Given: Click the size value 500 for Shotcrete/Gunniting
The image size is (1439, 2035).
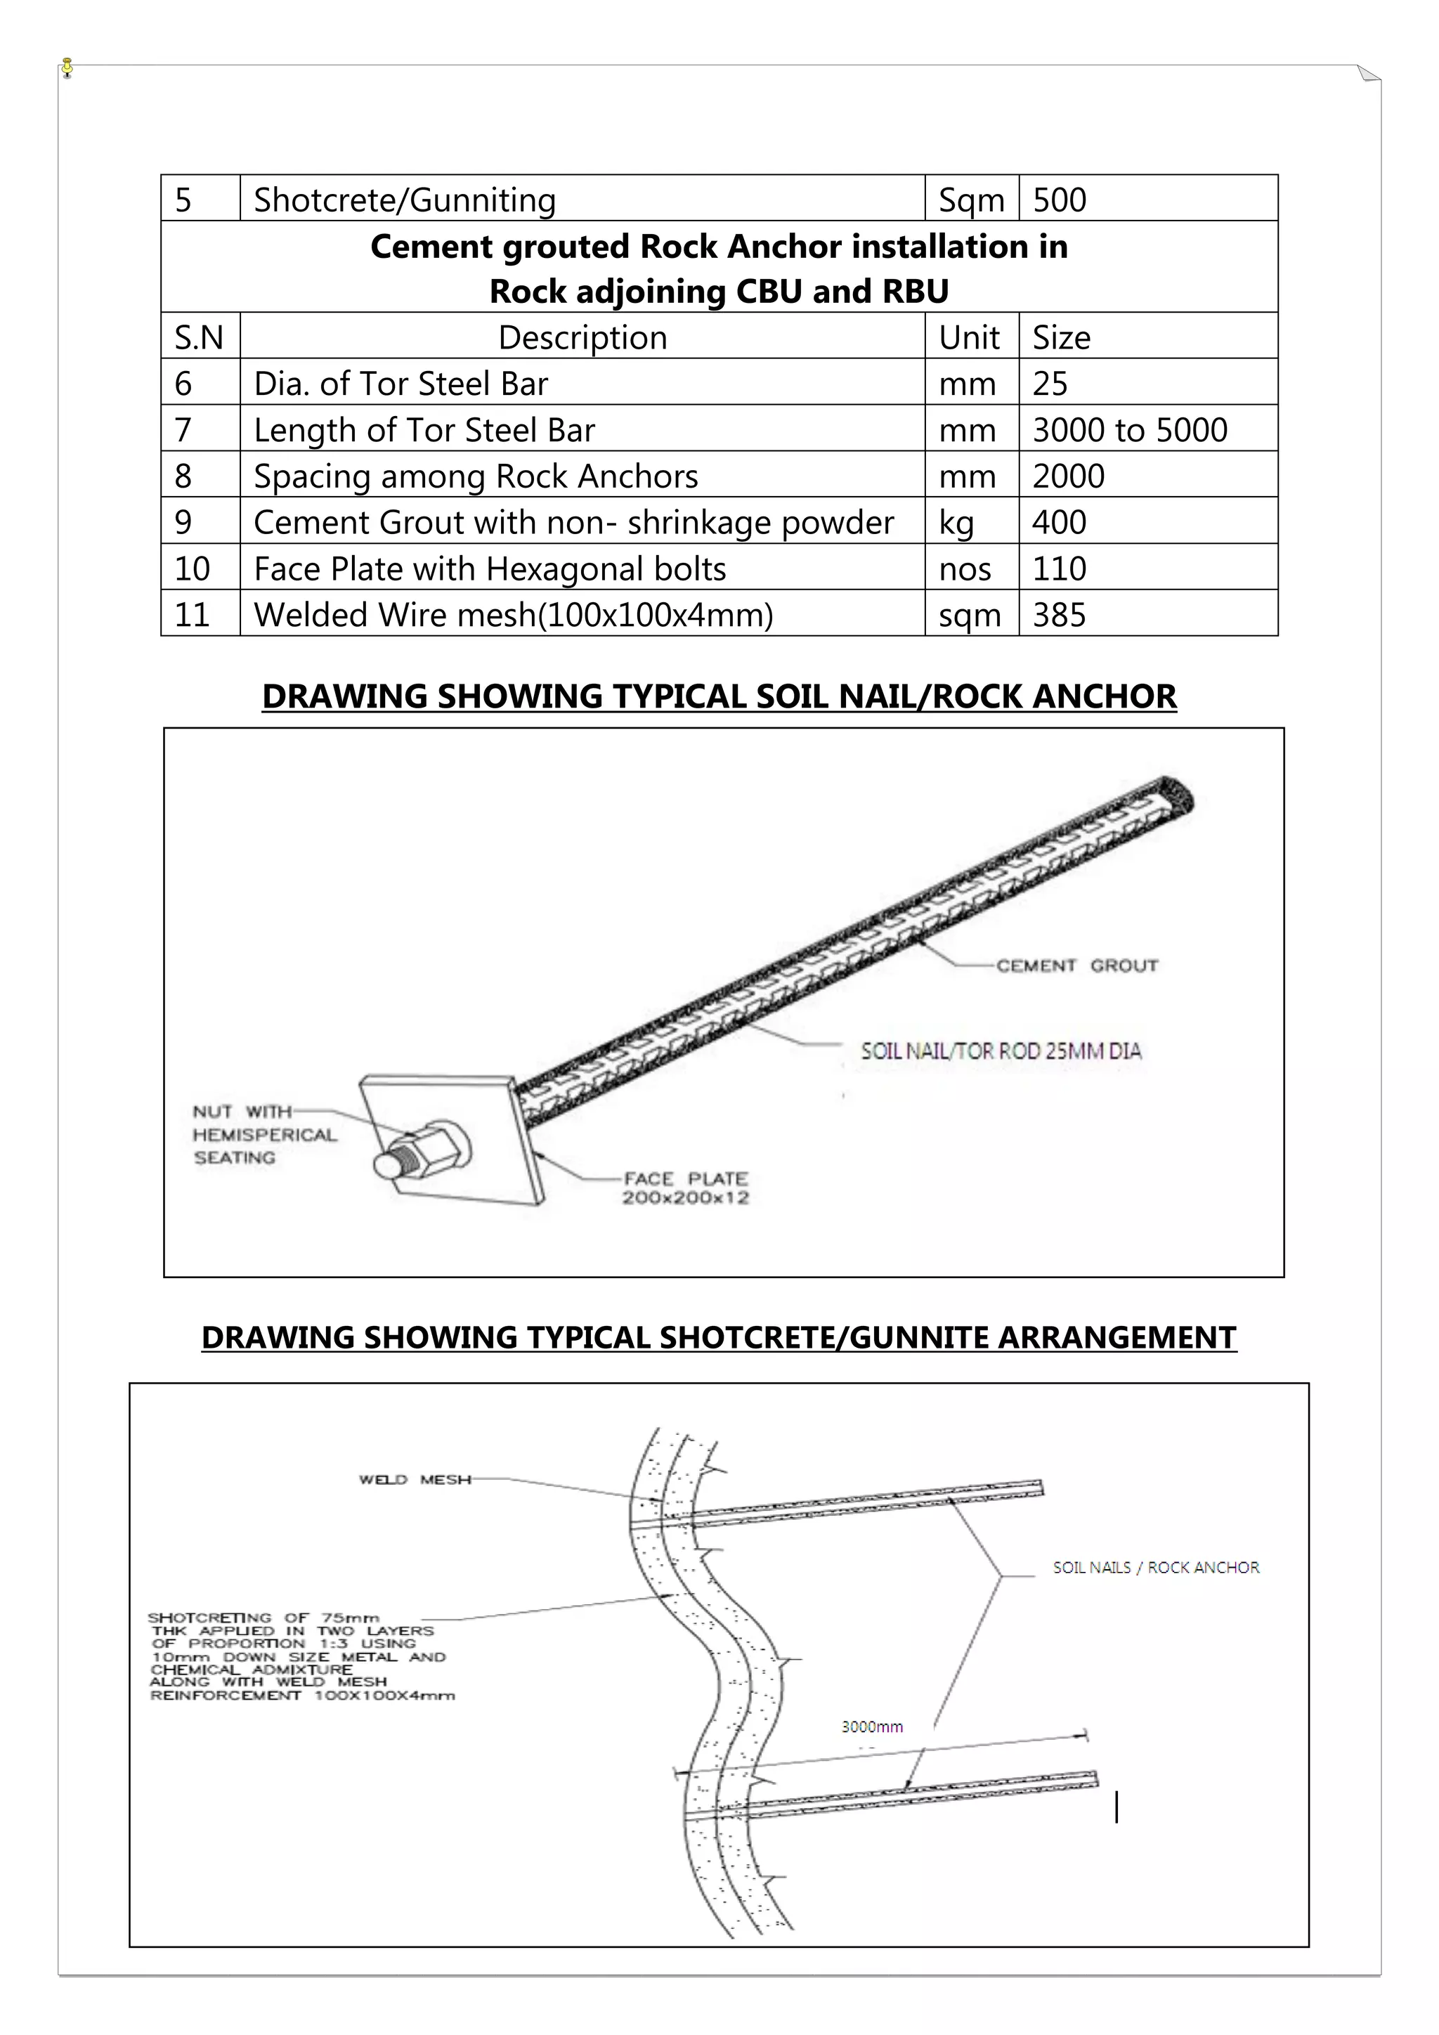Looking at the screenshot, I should [x=1059, y=200].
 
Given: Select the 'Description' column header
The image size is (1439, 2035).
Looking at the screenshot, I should [x=582, y=338].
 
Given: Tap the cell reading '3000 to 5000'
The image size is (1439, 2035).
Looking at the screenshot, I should [x=1130, y=430].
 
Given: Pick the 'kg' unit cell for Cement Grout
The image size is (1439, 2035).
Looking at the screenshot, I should [x=956, y=523].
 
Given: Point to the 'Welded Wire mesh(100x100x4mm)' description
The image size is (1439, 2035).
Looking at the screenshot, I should [x=513, y=615].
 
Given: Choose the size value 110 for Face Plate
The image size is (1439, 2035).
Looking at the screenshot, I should [x=1059, y=569].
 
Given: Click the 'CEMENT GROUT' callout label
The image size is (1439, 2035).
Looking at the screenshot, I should [x=1076, y=966].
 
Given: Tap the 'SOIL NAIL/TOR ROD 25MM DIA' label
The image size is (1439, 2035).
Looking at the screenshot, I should [x=1001, y=1051].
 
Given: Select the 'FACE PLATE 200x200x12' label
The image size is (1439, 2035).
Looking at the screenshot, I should [x=685, y=1188].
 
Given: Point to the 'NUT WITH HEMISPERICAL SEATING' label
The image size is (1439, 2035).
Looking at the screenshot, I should [x=264, y=1134].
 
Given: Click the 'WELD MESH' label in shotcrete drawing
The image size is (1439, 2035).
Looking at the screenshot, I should [x=415, y=1479].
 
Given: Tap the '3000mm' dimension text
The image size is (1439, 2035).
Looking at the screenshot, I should [x=872, y=1727].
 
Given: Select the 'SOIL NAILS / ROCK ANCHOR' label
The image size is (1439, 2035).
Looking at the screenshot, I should [x=1155, y=1567].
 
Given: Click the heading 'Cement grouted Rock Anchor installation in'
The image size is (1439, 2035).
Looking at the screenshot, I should [x=719, y=247].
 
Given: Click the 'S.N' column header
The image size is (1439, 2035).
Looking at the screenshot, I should [x=198, y=338].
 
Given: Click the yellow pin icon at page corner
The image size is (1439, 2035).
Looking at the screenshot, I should [x=67, y=67].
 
